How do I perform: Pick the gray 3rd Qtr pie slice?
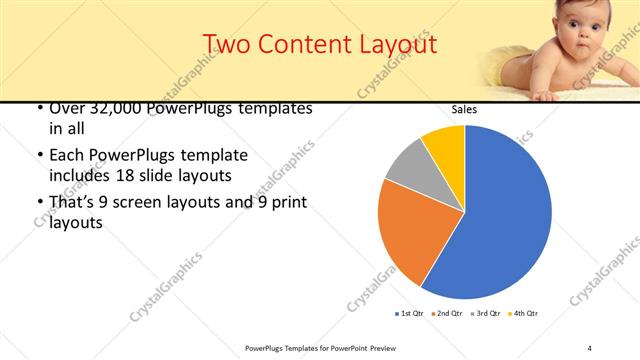[x=408, y=170]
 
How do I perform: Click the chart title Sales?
[x=464, y=109]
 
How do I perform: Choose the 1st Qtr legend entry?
[x=410, y=314]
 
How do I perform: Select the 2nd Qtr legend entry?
[x=447, y=314]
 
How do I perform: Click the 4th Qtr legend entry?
[x=523, y=314]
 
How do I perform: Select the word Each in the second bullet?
[x=68, y=155]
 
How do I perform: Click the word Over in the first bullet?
[x=68, y=107]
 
